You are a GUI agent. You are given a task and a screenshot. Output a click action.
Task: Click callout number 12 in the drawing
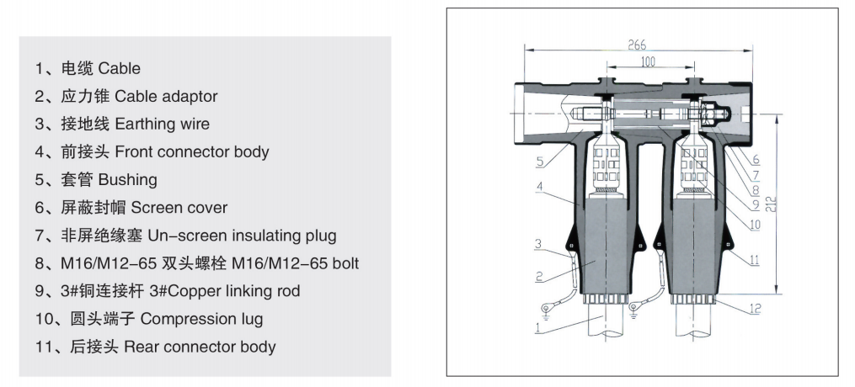(x=756, y=309)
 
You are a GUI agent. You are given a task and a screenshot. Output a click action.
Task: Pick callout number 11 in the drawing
(x=755, y=261)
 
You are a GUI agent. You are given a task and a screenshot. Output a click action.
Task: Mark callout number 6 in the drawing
(x=756, y=158)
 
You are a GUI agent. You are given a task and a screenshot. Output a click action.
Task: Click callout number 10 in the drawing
(x=755, y=225)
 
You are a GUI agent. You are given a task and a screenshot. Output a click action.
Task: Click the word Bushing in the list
(x=128, y=180)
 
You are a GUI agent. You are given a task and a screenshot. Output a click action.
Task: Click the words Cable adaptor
(x=166, y=96)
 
